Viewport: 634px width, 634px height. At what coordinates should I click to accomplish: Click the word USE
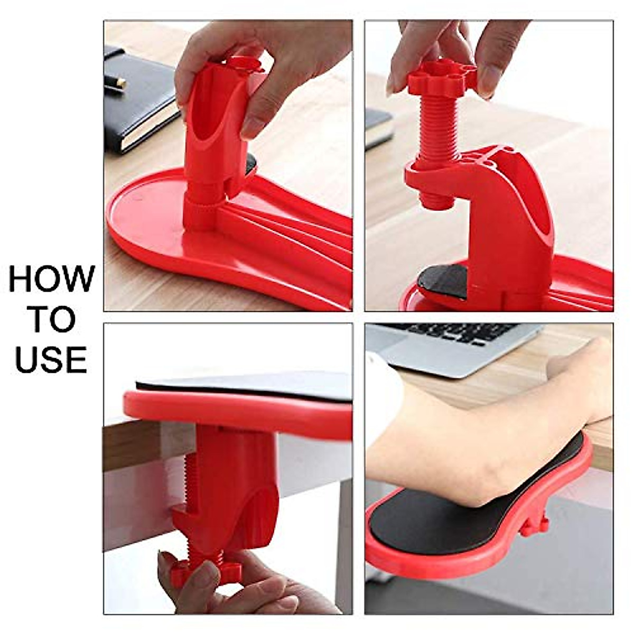point(51,359)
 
